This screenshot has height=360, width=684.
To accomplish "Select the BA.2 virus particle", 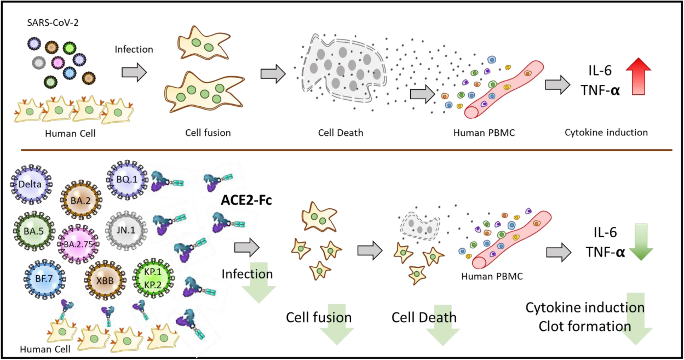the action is click(81, 200).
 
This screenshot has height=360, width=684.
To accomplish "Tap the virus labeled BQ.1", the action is click(127, 179).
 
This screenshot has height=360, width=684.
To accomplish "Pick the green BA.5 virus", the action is click(34, 231).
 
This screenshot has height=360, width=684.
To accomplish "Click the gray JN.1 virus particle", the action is click(126, 230).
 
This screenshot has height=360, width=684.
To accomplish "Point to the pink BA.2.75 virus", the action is click(78, 244).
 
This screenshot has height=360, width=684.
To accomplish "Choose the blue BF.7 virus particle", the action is click(44, 279).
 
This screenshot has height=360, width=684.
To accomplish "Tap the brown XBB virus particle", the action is click(105, 280).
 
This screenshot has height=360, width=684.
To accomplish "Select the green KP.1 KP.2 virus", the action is click(153, 278).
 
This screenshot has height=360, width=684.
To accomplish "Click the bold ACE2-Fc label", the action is click(246, 200).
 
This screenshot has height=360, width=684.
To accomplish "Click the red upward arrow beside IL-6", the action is click(639, 76).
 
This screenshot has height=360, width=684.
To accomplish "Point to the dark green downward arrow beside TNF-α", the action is click(641, 242).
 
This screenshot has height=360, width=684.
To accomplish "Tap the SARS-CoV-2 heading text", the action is click(53, 22).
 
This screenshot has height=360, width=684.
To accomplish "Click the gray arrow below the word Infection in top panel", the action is click(134, 72).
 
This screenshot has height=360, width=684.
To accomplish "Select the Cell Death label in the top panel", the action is click(341, 133).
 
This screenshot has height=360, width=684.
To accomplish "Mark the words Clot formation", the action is click(585, 326).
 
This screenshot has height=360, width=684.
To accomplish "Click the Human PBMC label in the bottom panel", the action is click(492, 276).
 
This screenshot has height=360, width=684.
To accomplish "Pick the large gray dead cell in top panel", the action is click(343, 68).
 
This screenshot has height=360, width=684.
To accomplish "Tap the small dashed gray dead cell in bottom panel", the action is click(420, 226).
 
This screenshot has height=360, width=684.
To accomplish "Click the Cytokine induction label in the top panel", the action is click(606, 132).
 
